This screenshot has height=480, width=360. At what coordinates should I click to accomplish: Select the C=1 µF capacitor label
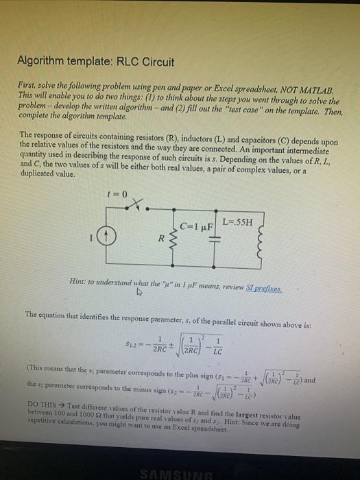pos(195,225)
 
